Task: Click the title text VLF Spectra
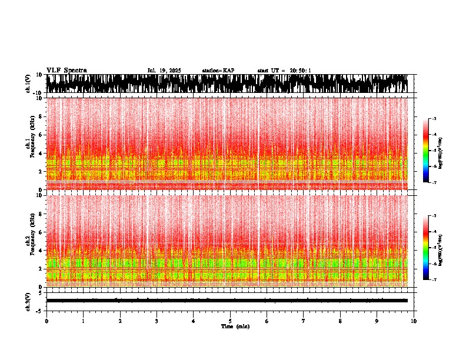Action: coord(66,71)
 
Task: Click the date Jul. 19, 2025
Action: coord(164,71)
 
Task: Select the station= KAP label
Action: coord(218,71)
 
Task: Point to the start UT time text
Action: coord(284,71)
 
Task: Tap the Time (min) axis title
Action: coord(235,326)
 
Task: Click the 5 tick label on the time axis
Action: coord(230,321)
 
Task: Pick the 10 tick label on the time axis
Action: coord(414,321)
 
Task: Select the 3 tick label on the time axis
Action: coord(157,321)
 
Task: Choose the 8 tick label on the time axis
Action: coord(340,321)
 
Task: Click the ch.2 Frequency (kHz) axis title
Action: coord(29,241)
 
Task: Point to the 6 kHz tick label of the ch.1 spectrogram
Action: coord(41,135)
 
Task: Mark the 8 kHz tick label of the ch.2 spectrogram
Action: coord(41,214)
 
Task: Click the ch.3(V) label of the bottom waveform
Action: coord(29,301)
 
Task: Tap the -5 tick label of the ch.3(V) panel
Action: coord(39,310)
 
